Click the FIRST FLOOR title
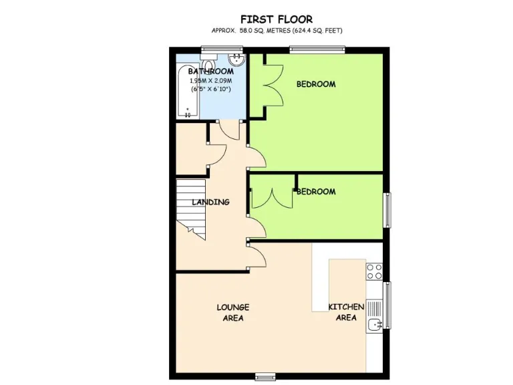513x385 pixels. coord(277,19)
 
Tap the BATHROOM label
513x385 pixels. coord(210,72)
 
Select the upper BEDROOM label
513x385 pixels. coord(316,84)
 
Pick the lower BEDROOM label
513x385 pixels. coord(316,192)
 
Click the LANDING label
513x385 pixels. coord(210,202)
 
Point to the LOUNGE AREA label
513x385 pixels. coord(232,312)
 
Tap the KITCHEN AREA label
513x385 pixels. coord(345,312)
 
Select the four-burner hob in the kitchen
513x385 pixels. coord(374,271)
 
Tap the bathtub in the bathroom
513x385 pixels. coord(187,93)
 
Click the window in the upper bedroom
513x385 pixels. coord(317,48)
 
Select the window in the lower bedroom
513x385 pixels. coord(386,210)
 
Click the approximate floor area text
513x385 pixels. coord(277,31)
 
